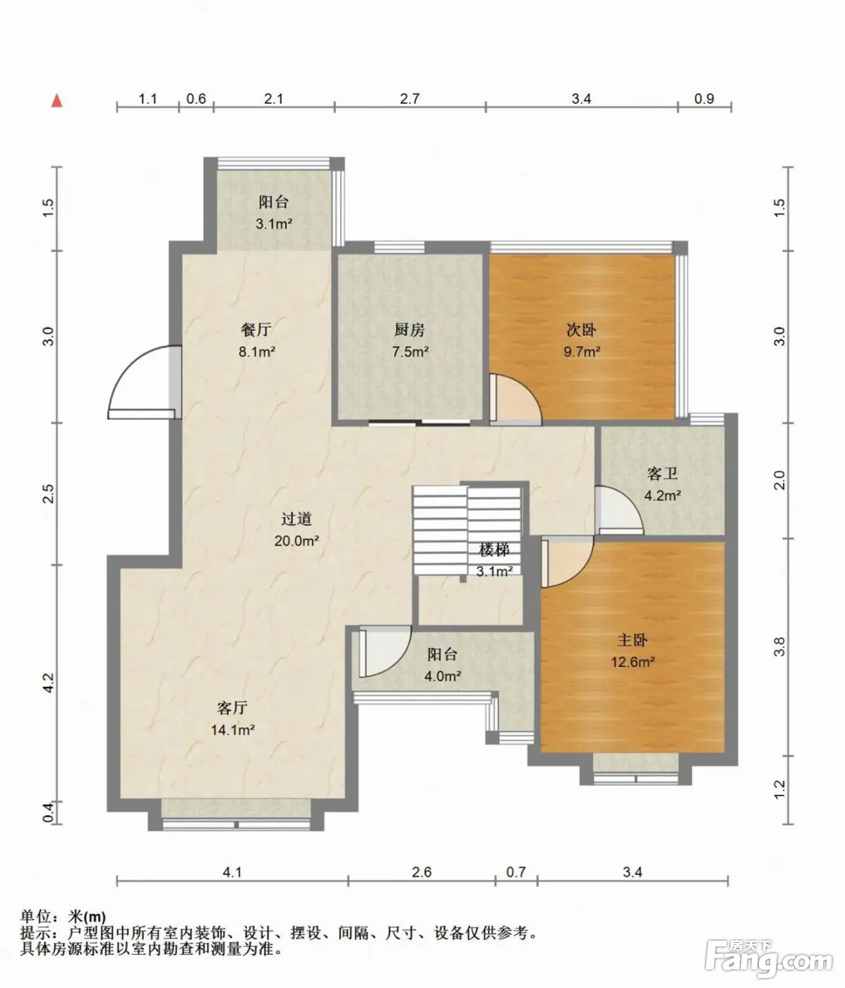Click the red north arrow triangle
coord(57,101)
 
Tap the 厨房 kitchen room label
coord(409,330)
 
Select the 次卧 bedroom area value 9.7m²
coord(582,352)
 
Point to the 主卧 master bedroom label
coord(633,639)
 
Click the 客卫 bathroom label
coord(662,474)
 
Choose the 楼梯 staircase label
coord(494,550)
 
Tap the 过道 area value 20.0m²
coord(296,541)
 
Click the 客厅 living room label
coord(232,707)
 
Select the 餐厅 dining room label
coord(256,330)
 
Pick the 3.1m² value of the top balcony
coord(273,224)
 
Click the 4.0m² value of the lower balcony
coord(443,676)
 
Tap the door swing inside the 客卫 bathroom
coord(619,510)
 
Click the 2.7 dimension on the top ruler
coord(409,99)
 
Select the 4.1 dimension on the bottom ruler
coord(232,872)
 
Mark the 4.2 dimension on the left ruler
coord(49,682)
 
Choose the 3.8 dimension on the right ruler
coord(779,646)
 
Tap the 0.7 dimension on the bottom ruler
coord(516,872)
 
